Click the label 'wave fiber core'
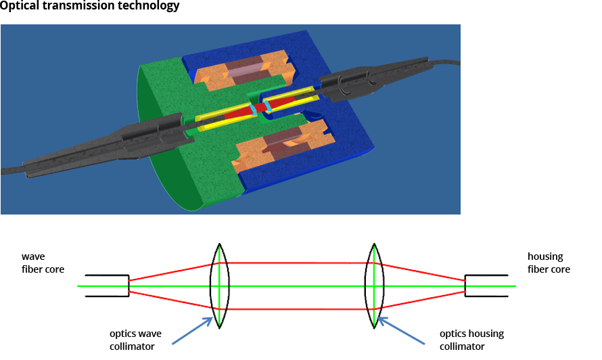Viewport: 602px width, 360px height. point(43,263)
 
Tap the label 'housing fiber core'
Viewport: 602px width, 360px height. point(549,263)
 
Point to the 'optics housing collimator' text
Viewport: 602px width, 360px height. point(471,340)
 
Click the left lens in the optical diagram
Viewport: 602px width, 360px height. point(220,286)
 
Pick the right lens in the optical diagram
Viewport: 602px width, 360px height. point(374,286)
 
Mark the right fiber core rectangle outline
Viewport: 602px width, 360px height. point(486,286)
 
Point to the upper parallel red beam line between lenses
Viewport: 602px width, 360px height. point(298,263)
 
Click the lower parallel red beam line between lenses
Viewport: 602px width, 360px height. point(298,309)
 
